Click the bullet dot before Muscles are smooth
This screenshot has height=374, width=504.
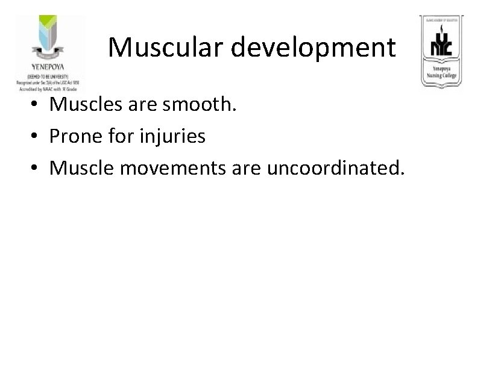point(37,106)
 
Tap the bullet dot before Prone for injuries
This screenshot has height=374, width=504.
point(37,137)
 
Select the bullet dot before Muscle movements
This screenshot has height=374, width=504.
point(37,169)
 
